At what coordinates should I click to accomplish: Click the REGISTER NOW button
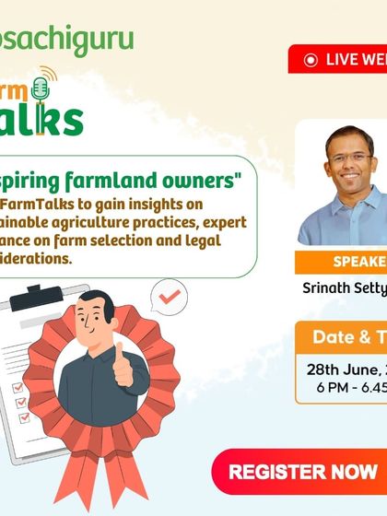coord(303,472)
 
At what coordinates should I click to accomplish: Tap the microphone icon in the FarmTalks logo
coord(40,89)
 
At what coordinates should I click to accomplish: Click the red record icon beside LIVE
coord(309,59)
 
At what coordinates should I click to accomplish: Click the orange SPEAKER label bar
coord(341,260)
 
